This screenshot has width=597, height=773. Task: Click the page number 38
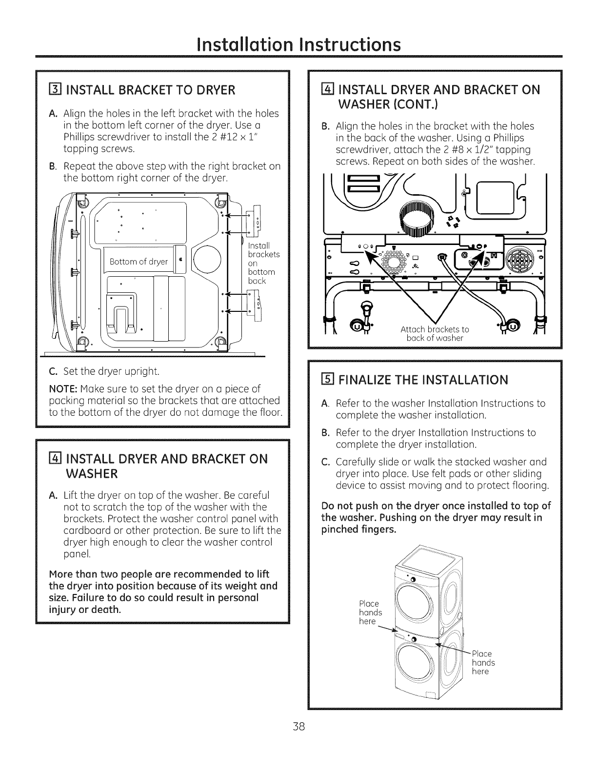pyautogui.click(x=298, y=727)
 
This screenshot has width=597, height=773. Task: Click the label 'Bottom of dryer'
pyautogui.click(x=139, y=262)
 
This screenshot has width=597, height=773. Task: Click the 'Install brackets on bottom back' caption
pyautogui.click(x=263, y=263)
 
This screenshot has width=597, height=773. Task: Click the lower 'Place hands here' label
pyautogui.click(x=483, y=663)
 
